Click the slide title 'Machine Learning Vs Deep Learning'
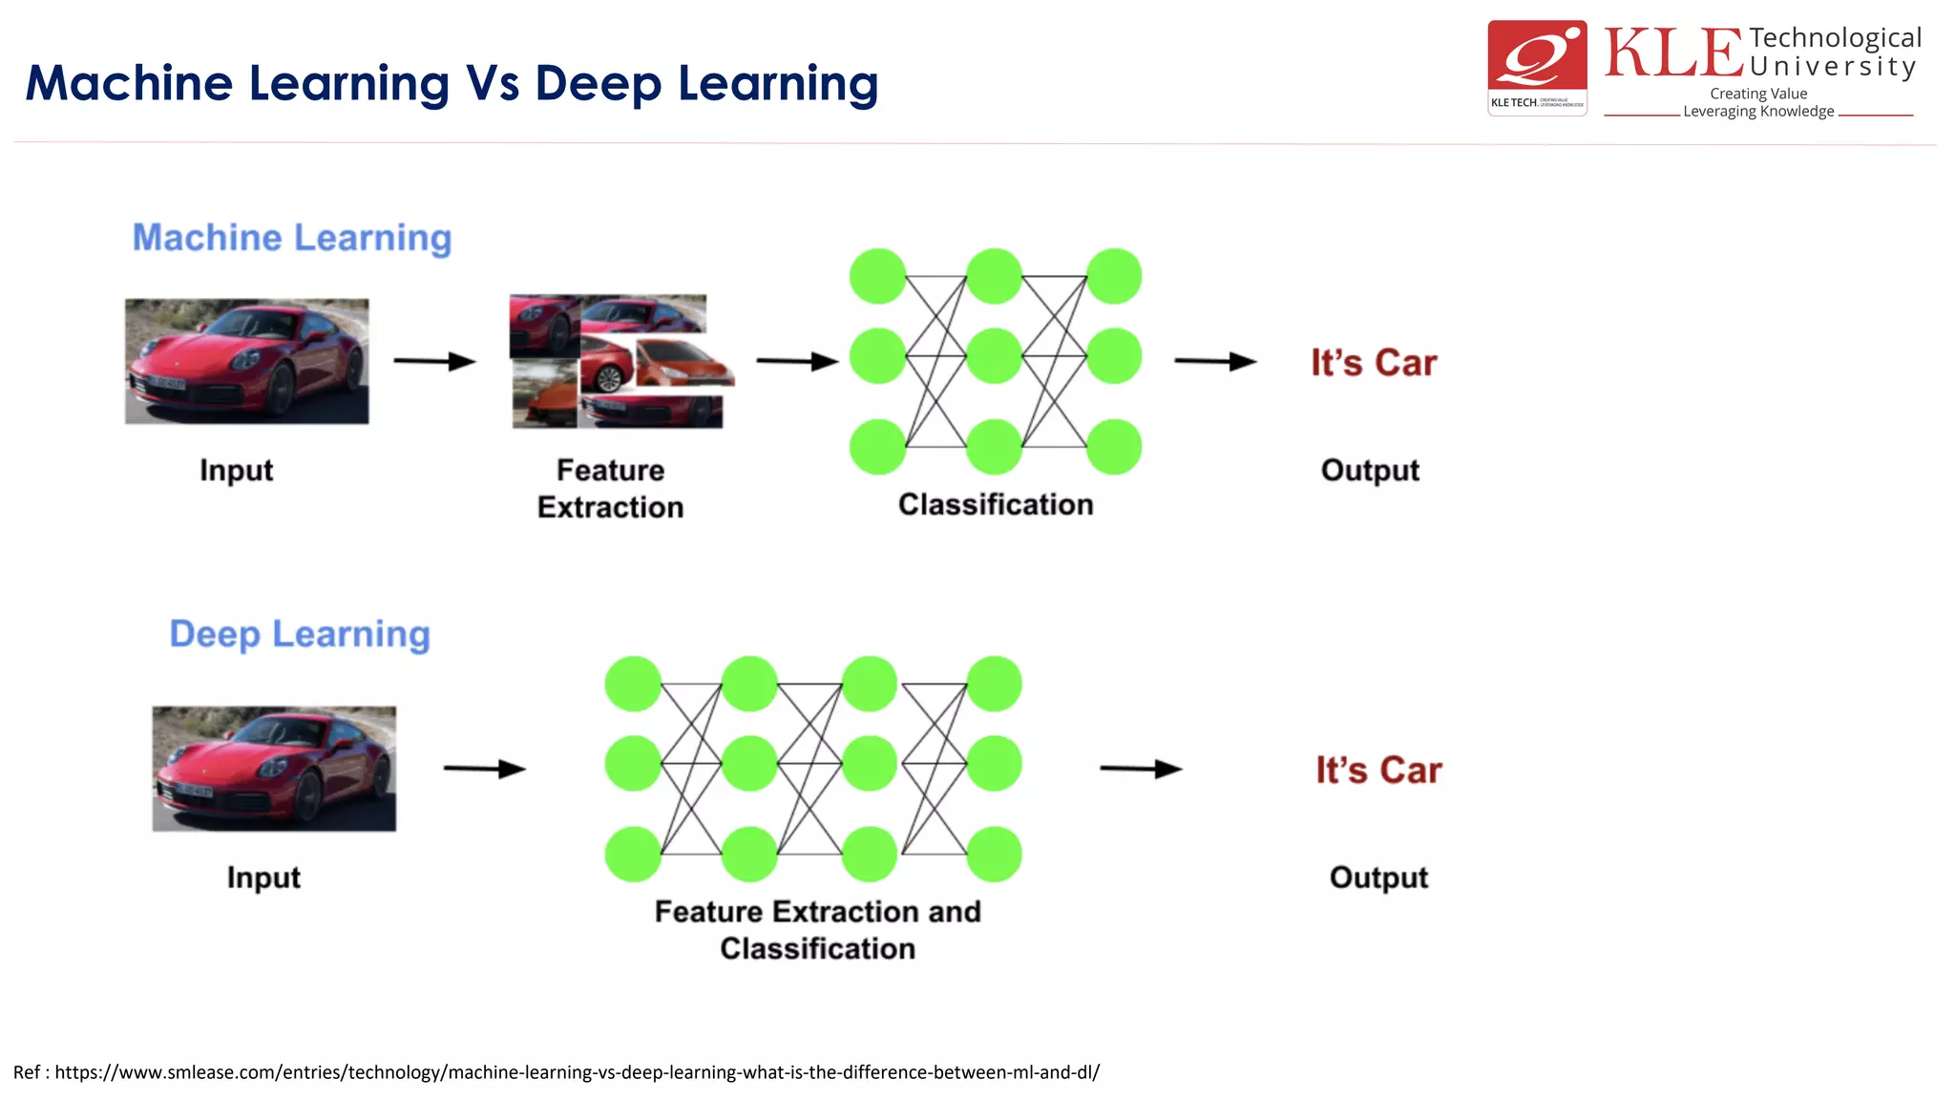tap(451, 83)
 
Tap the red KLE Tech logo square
tap(1537, 67)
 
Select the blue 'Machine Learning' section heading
tap(291, 238)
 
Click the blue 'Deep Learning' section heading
tap(300, 634)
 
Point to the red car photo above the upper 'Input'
tap(246, 361)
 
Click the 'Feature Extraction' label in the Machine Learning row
tap(610, 488)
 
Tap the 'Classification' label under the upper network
tap(995, 504)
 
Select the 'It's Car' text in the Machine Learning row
tap(1373, 363)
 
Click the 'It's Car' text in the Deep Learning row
tap(1378, 770)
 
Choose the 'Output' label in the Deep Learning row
tap(1378, 877)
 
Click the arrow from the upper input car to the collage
tap(434, 361)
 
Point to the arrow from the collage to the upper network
tap(797, 361)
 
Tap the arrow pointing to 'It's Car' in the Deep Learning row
tap(1141, 769)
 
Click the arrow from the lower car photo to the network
tap(484, 769)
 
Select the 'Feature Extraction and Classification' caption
tap(817, 929)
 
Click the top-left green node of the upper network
tap(877, 277)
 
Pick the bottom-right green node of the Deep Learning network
tap(994, 854)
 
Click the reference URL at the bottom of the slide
tap(576, 1072)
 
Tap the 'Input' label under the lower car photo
tap(263, 877)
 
